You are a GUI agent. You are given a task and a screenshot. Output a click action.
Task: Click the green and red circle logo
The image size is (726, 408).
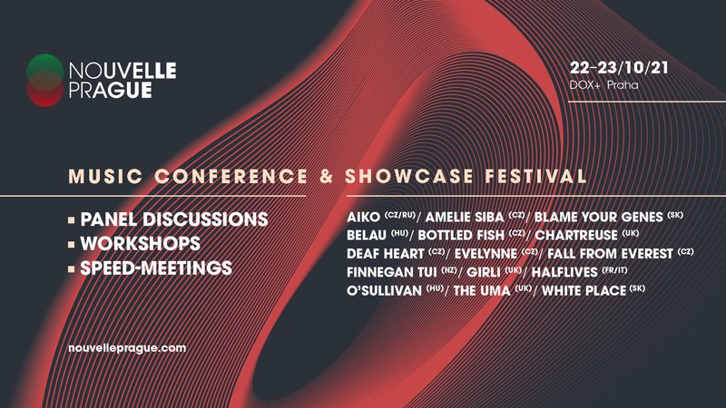pyautogui.click(x=44, y=81)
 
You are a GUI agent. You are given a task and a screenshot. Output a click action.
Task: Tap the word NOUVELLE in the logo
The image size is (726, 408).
pyautogui.click(x=123, y=71)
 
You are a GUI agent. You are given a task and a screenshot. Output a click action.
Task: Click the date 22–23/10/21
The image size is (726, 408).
pyautogui.click(x=619, y=68)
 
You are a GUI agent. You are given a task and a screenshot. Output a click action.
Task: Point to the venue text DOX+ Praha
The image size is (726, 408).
pyautogui.click(x=603, y=85)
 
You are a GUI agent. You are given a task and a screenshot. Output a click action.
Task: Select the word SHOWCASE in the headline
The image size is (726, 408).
pyautogui.click(x=409, y=176)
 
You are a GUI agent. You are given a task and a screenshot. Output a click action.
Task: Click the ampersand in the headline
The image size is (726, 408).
pyautogui.click(x=326, y=176)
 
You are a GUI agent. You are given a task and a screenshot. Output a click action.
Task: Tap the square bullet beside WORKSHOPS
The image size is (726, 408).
pyautogui.click(x=72, y=244)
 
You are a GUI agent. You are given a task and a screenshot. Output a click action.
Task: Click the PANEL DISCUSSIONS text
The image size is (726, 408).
pyautogui.click(x=174, y=219)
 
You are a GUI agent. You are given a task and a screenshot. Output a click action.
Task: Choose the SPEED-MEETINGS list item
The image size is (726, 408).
pyautogui.click(x=156, y=268)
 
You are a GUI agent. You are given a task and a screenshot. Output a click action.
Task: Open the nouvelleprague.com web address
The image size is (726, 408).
pyautogui.click(x=127, y=348)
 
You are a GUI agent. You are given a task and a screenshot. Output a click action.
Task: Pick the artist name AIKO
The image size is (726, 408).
pyautogui.click(x=364, y=217)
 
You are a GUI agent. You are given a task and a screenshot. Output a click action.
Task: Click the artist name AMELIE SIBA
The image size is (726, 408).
pyautogui.click(x=465, y=217)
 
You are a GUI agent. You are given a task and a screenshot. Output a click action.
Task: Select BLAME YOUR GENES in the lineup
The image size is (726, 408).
pyautogui.click(x=599, y=217)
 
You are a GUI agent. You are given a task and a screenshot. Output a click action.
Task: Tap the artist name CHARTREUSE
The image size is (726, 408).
pyautogui.click(x=576, y=235)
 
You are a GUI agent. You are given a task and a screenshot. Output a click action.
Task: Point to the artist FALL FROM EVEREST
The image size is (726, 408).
pyautogui.click(x=610, y=254)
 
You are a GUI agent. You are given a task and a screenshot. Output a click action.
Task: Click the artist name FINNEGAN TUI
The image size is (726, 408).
pyautogui.click(x=392, y=272)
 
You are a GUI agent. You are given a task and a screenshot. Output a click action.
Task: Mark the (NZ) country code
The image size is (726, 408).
pyautogui.click(x=448, y=269)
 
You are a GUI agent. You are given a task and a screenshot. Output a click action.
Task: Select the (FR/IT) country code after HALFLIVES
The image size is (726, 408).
pyautogui.click(x=614, y=269)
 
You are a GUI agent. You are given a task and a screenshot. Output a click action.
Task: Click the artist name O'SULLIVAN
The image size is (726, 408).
pyautogui.click(x=384, y=290)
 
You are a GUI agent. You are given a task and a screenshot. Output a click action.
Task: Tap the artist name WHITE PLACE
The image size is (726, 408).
pyautogui.click(x=584, y=290)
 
